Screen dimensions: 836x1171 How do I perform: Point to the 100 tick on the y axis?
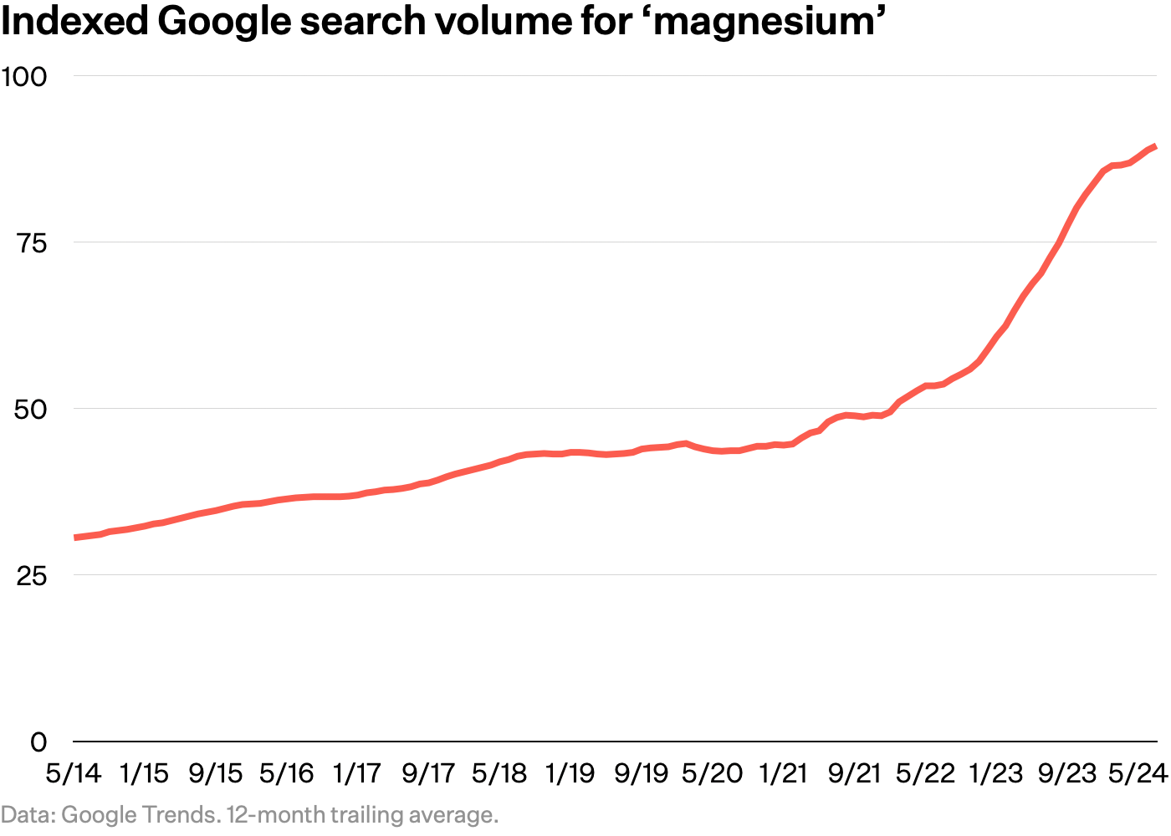[24, 77]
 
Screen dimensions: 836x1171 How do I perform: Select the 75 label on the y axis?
[31, 243]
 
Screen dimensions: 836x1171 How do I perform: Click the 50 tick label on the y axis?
[31, 410]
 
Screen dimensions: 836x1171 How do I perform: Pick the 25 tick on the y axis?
[31, 576]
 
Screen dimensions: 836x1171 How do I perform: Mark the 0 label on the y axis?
[38, 742]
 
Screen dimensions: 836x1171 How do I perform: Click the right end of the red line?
[1155, 146]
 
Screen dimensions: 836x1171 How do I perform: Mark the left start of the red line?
[75, 538]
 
